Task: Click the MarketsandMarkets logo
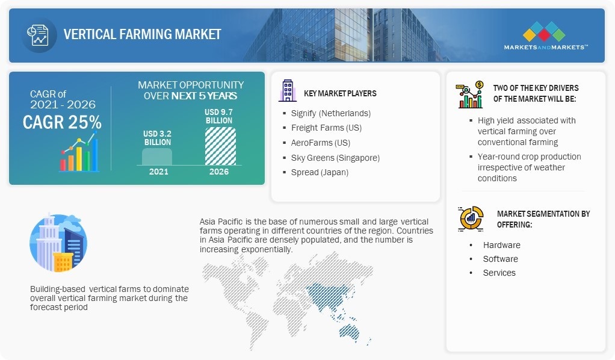(546, 36)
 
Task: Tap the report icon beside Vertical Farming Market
(38, 35)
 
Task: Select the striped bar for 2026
(220, 146)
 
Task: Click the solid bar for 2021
(157, 157)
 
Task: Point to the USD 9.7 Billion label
(219, 116)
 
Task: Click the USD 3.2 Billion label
(157, 138)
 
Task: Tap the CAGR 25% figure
(62, 122)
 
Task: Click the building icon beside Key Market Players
(288, 91)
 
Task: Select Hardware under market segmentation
(502, 245)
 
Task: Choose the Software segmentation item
(501, 259)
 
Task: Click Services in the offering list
(499, 273)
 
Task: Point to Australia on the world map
(349, 332)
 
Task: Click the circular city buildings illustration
(58, 243)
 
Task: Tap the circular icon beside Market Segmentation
(471, 218)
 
